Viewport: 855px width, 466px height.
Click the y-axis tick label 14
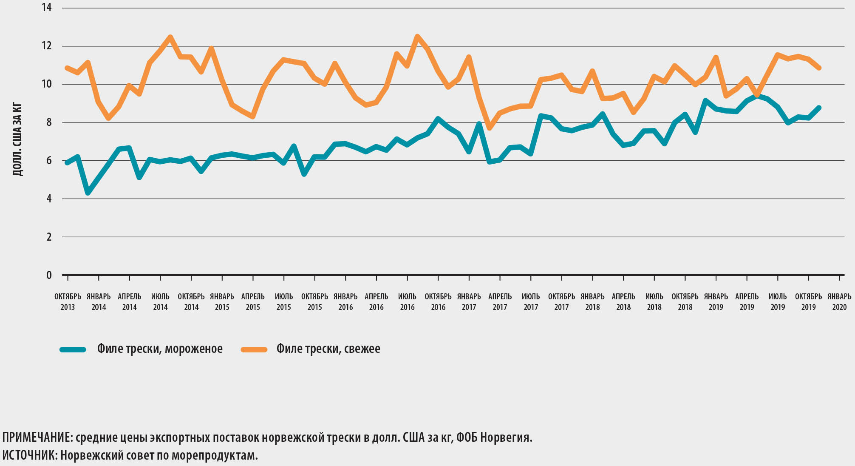pyautogui.click(x=47, y=8)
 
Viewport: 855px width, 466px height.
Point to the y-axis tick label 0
pyautogui.click(x=49, y=276)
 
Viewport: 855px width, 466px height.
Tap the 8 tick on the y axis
pyautogui.click(x=49, y=122)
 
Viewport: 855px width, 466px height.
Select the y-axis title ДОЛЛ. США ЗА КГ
pyautogui.click(x=17, y=139)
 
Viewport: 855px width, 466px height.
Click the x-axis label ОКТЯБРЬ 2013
pyautogui.click(x=68, y=302)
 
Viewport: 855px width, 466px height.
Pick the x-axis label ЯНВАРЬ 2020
pyautogui.click(x=839, y=302)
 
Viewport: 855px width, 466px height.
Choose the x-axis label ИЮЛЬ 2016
pyautogui.click(x=407, y=302)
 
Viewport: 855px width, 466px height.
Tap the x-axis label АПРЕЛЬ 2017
pyautogui.click(x=500, y=302)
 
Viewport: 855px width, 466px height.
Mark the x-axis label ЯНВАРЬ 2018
pyautogui.click(x=592, y=302)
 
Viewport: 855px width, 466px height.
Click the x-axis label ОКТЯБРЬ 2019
pyautogui.click(x=808, y=302)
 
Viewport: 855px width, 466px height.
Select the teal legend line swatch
pyautogui.click(x=73, y=349)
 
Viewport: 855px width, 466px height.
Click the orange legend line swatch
pyautogui.click(x=254, y=349)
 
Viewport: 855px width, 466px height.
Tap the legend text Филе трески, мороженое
pyautogui.click(x=160, y=349)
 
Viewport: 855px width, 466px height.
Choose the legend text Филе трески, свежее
pyautogui.click(x=328, y=349)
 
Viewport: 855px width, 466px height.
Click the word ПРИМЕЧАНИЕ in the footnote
pyautogui.click(x=37, y=437)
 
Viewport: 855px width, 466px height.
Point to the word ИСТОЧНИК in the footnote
pyautogui.click(x=29, y=455)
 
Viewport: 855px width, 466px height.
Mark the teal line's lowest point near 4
pyautogui.click(x=88, y=193)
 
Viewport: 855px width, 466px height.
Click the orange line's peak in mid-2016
pyautogui.click(x=417, y=37)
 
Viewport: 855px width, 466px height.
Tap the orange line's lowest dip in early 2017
pyautogui.click(x=490, y=128)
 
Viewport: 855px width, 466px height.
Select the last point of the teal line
pyautogui.click(x=819, y=108)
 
